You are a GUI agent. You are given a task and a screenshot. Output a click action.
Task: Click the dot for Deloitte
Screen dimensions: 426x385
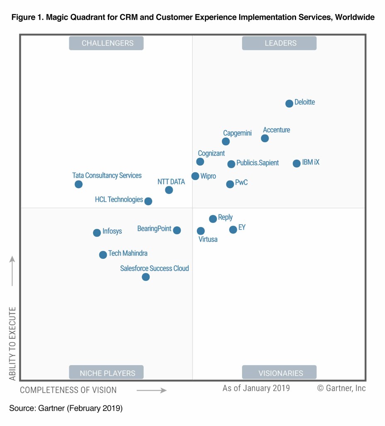pyautogui.click(x=289, y=104)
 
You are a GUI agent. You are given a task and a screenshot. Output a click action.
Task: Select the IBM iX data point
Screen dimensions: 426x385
pyautogui.click(x=296, y=163)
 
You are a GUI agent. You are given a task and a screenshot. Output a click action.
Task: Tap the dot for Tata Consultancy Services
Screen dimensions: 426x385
pyautogui.click(x=78, y=184)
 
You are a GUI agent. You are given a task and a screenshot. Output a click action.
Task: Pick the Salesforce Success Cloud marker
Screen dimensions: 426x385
pyautogui.click(x=145, y=277)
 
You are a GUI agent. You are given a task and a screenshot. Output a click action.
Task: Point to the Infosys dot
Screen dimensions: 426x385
pyautogui.click(x=97, y=233)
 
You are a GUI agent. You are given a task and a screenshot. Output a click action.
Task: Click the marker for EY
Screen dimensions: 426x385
pyautogui.click(x=233, y=230)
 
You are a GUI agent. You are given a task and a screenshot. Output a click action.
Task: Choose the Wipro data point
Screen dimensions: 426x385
pyautogui.click(x=195, y=176)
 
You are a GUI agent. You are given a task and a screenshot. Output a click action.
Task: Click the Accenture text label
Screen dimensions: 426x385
pyautogui.click(x=277, y=130)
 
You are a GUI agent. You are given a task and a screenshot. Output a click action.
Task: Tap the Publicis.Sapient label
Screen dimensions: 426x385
pyautogui.click(x=257, y=163)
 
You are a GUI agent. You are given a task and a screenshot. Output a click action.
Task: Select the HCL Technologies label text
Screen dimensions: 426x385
pyautogui.click(x=119, y=200)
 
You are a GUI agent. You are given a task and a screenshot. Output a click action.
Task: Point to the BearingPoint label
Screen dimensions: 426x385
pyautogui.click(x=154, y=229)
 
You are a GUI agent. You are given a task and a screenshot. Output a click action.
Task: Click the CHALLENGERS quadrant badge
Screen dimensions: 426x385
pyautogui.click(x=106, y=43)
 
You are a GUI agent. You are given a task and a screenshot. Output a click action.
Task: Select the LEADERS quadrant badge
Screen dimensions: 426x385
pyautogui.click(x=279, y=43)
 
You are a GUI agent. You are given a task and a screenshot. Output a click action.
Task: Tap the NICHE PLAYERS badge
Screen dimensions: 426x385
pyautogui.click(x=106, y=373)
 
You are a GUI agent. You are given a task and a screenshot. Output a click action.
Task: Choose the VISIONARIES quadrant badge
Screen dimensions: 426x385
pyautogui.click(x=279, y=373)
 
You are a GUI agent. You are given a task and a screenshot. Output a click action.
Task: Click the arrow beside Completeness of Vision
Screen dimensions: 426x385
pyautogui.click(x=152, y=390)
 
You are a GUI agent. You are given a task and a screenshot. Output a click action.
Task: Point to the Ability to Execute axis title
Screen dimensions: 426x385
pyautogui.click(x=12, y=344)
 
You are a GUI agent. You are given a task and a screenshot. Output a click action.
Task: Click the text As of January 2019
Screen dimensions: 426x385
pyautogui.click(x=256, y=389)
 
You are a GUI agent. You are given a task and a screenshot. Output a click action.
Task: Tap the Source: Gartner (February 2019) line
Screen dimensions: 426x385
pyautogui.click(x=66, y=409)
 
